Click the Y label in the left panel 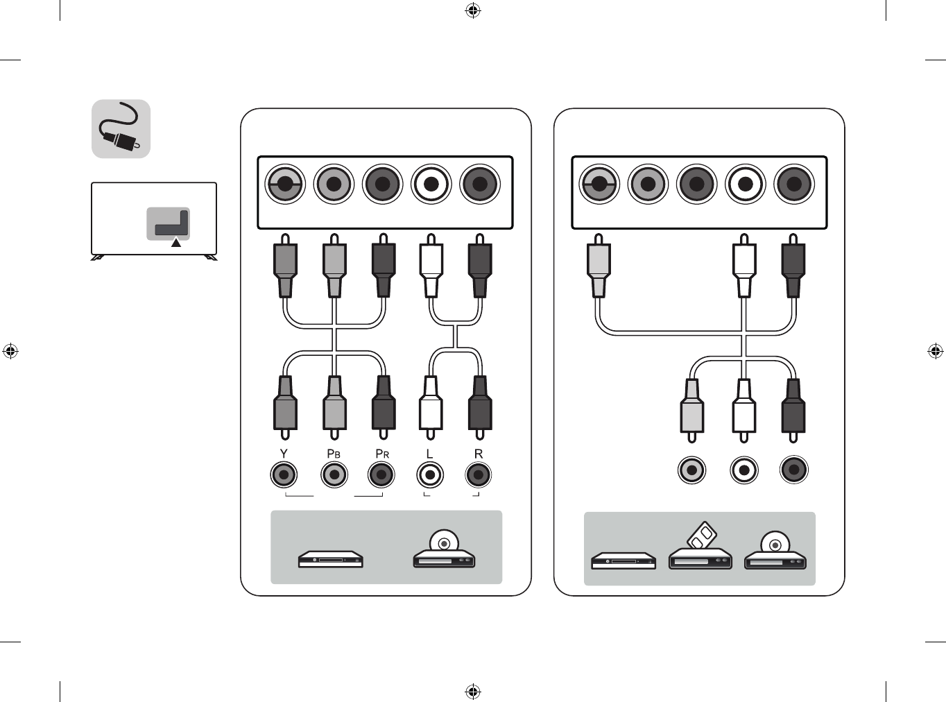[284, 454]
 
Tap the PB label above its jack [334, 454]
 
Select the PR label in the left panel [382, 454]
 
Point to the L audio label [429, 454]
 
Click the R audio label [478, 454]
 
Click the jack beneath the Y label [284, 475]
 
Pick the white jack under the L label [430, 475]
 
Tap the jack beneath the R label [478, 475]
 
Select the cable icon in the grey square [121, 129]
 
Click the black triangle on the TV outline [176, 242]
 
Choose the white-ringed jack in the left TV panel [431, 184]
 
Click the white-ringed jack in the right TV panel [746, 184]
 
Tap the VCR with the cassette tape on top [700, 549]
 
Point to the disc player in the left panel [444, 551]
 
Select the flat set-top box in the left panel [331, 558]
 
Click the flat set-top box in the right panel [623, 560]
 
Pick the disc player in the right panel [775, 551]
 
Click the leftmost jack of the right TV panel [599, 184]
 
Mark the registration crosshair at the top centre [473, 10]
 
